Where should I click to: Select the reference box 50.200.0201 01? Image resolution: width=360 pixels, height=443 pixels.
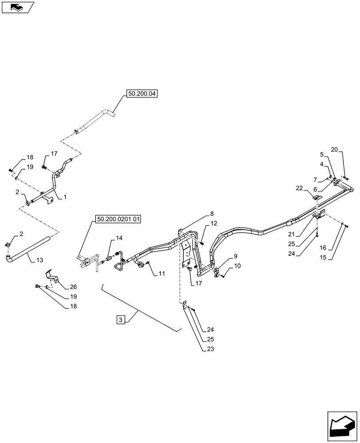coord(117,220)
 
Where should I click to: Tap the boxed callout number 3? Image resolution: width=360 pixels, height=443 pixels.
coord(120,319)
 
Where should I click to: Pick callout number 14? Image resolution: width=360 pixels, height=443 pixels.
coord(119,238)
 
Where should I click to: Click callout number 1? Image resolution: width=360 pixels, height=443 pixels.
coord(65,197)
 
